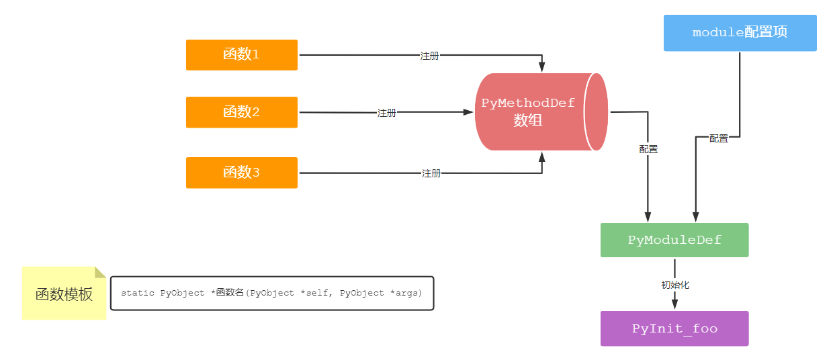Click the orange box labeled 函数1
point(241,54)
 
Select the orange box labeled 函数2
point(241,112)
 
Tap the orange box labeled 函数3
point(241,173)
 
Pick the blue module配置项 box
point(740,33)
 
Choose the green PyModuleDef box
point(674,240)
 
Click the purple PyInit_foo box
point(674,328)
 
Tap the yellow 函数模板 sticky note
point(64,294)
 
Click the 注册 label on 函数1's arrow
point(429,56)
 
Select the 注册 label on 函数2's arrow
point(386,113)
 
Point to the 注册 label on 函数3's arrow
point(431,173)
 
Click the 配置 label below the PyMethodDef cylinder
point(648,149)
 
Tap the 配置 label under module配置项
point(718,138)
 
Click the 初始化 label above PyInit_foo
point(674,285)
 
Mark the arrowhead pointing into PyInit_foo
point(674,305)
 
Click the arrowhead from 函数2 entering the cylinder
point(469,112)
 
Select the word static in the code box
point(137,294)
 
